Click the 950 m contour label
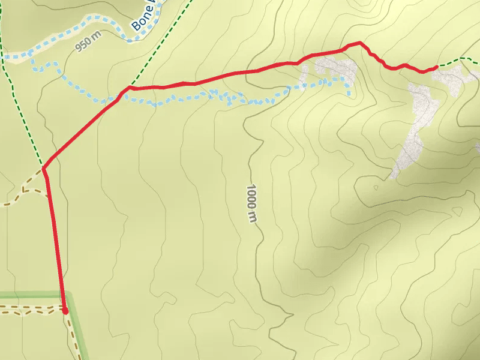click(x=89, y=44)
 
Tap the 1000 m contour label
click(x=251, y=204)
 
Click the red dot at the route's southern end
click(x=65, y=310)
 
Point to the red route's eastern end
click(x=436, y=67)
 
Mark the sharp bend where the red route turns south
click(x=44, y=169)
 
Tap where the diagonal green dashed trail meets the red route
click(x=128, y=88)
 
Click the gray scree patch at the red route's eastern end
click(x=454, y=78)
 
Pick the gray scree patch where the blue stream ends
click(x=334, y=69)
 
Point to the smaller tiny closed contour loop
click(x=376, y=187)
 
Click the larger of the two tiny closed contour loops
click(x=458, y=212)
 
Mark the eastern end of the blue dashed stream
click(x=349, y=93)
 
